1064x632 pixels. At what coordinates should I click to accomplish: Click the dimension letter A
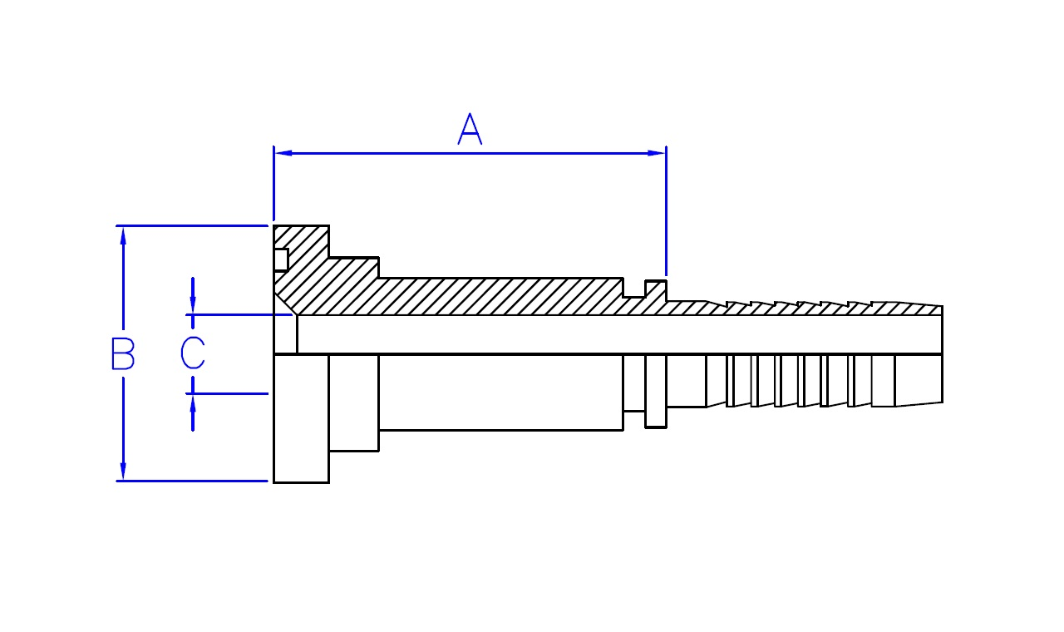click(x=470, y=130)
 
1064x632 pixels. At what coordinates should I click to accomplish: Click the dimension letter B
click(x=123, y=353)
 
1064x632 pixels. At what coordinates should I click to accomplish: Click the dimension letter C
click(x=193, y=353)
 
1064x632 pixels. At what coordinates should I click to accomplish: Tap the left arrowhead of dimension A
click(x=283, y=153)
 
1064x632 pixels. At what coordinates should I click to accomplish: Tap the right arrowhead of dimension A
click(x=657, y=153)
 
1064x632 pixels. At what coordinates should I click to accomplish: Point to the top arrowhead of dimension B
click(x=123, y=235)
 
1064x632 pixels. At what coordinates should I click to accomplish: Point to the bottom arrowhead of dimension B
click(x=123, y=471)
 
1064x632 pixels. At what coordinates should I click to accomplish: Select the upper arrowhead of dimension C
click(x=193, y=305)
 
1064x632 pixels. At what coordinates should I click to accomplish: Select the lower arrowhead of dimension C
click(x=193, y=403)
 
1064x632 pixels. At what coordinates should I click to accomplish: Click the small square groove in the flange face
click(x=281, y=259)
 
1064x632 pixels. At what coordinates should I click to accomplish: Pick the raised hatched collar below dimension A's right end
click(x=656, y=291)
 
